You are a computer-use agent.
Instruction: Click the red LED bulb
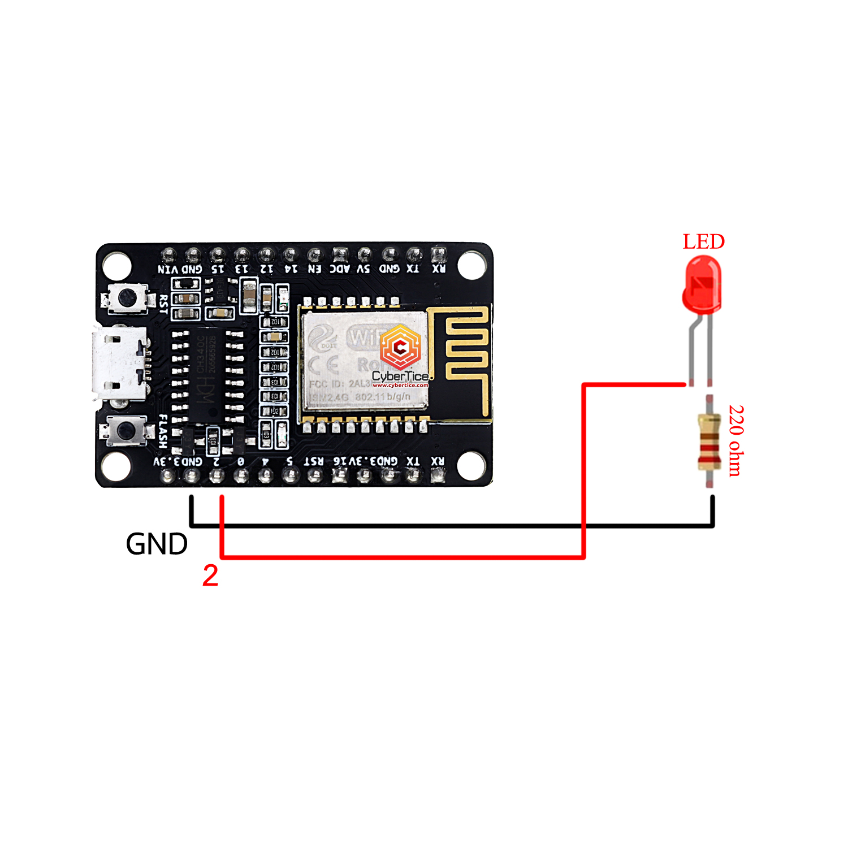(x=702, y=283)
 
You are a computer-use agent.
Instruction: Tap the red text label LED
(x=703, y=241)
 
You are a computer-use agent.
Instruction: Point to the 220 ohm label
(x=735, y=440)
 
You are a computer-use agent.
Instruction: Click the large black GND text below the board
(x=157, y=544)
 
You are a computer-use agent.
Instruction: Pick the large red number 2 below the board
(x=210, y=576)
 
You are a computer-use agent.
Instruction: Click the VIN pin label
(x=168, y=269)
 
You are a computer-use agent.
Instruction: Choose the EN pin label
(x=314, y=269)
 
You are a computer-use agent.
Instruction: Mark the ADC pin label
(x=340, y=269)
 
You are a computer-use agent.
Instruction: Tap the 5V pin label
(x=364, y=269)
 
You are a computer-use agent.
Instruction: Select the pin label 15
(x=218, y=269)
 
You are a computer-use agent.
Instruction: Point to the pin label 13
(x=242, y=269)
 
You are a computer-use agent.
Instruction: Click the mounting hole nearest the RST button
(x=117, y=265)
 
